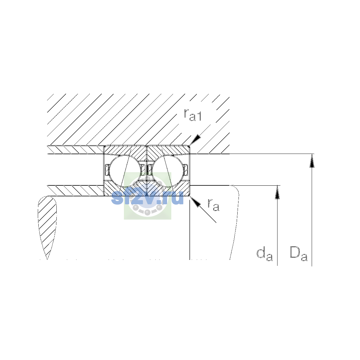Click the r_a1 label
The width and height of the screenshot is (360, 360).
tap(193, 115)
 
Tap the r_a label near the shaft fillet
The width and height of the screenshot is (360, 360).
tap(213, 205)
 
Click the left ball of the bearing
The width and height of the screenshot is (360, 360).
tap(125, 171)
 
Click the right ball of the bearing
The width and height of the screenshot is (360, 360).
tap(168, 171)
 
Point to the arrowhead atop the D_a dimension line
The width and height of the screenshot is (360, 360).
tap(312, 161)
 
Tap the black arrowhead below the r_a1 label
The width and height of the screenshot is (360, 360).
tap(195, 140)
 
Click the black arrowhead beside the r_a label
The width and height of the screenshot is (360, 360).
tap(195, 202)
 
